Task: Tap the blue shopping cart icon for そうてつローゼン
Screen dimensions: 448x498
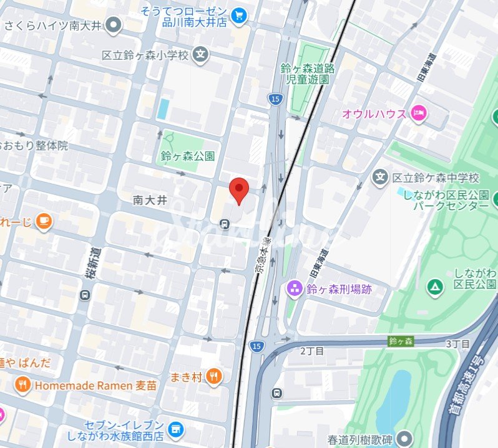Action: point(238,15)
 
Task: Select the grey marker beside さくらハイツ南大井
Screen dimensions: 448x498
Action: point(114,26)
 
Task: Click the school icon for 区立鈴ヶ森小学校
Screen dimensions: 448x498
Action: point(200,55)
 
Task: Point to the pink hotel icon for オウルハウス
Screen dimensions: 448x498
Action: point(419,113)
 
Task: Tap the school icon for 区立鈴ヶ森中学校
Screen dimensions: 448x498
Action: point(380,178)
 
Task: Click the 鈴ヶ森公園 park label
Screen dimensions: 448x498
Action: point(187,156)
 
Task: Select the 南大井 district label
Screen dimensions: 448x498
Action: point(150,200)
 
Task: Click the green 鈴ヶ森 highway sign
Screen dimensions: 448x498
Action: point(400,341)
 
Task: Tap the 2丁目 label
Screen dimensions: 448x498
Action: point(311,351)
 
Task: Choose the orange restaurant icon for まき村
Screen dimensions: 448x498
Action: point(214,376)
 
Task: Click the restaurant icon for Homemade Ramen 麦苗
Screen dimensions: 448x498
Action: point(23,385)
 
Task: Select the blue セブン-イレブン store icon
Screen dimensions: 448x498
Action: point(177,429)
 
